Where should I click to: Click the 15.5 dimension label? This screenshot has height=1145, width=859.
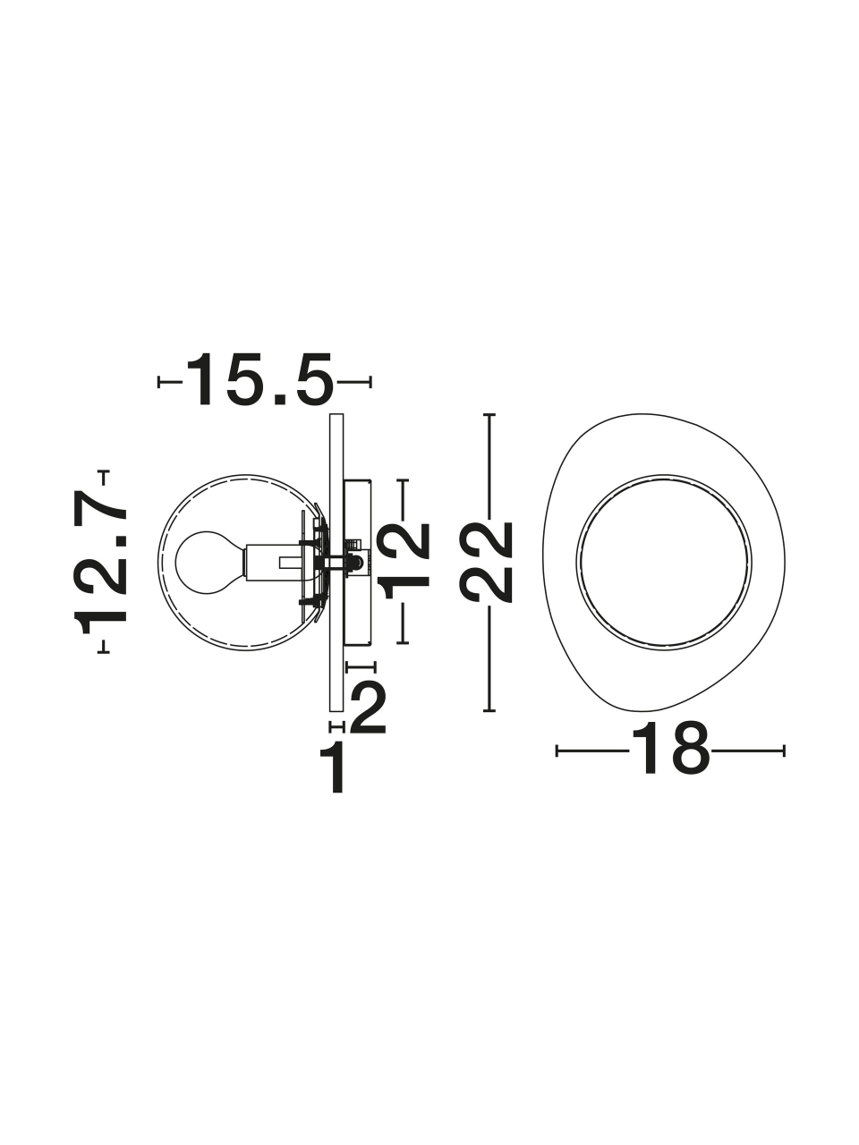tap(259, 379)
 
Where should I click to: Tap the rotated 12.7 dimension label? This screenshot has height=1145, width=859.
tap(100, 563)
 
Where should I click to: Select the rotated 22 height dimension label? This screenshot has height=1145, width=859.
tap(486, 563)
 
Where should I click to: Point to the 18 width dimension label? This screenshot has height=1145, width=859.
tap(670, 751)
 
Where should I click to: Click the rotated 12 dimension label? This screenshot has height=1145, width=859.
tap(405, 561)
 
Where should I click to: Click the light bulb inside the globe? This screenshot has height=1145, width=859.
tap(209, 563)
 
